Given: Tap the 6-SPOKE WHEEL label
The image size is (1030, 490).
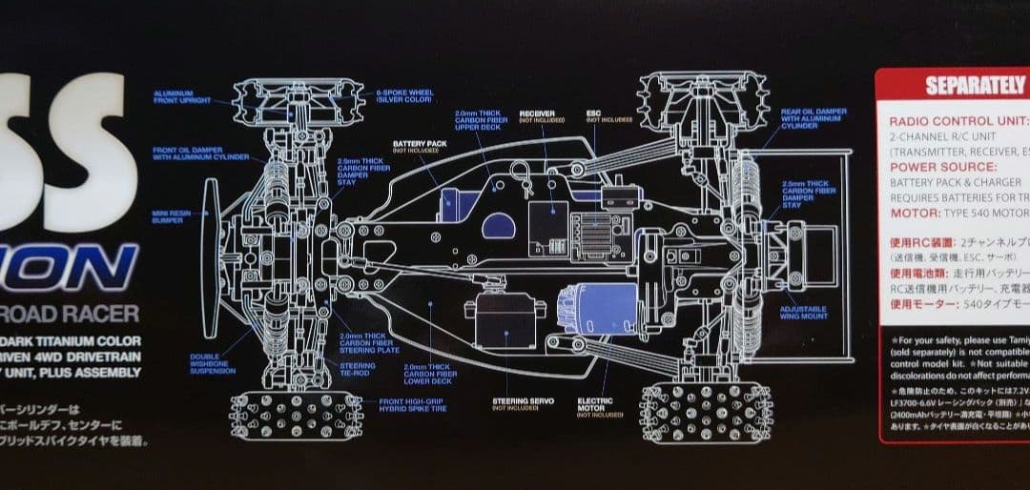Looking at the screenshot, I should click(x=404, y=96).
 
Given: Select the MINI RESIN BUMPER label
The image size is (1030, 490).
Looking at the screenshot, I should click(x=167, y=217).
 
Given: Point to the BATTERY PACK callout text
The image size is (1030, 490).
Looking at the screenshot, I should click(x=415, y=147).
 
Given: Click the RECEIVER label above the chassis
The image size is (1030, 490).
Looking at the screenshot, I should click(x=538, y=116).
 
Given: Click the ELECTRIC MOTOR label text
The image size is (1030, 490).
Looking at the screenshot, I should click(x=595, y=407).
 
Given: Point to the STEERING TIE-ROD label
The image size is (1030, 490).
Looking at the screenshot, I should click(x=358, y=369).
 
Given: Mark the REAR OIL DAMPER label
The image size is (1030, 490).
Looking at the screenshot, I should click(x=814, y=117).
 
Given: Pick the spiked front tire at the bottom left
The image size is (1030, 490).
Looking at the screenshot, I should click(x=297, y=416).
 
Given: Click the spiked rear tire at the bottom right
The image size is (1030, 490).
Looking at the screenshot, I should click(x=707, y=414).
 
